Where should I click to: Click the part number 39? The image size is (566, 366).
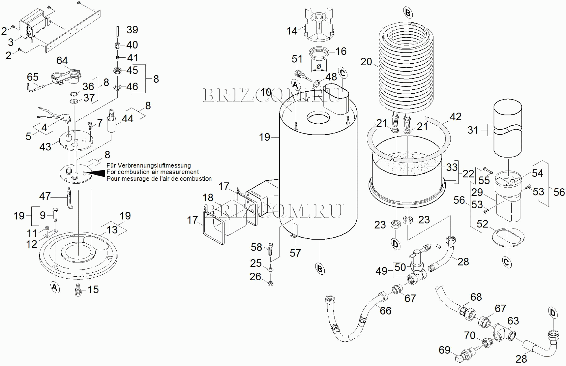pos(132,30)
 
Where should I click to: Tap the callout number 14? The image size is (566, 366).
pos(292,31)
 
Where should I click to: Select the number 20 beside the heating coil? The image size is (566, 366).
pos(366,62)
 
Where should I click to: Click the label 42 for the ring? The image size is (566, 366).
pos(455,117)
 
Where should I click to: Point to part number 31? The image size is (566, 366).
pos(473,130)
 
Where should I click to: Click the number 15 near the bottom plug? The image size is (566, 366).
pos(93,289)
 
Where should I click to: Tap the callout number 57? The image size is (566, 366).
pos(295,253)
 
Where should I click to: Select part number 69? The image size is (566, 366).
pos(444,350)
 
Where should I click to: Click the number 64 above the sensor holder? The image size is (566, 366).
pos(62,61)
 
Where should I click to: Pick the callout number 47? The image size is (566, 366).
pos(45,196)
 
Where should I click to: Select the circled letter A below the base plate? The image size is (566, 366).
pos(55,287)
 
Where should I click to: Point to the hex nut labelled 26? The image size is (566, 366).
pos(270,283)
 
